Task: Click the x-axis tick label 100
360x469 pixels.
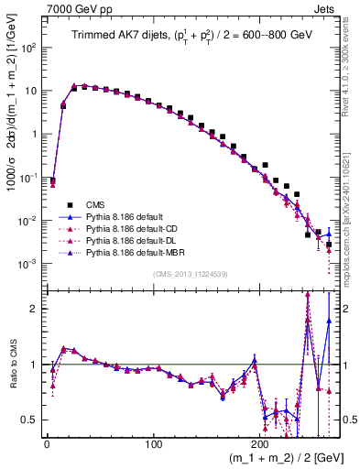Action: point(155,444)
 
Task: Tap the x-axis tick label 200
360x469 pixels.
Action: point(264,444)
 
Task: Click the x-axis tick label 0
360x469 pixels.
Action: point(47,444)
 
